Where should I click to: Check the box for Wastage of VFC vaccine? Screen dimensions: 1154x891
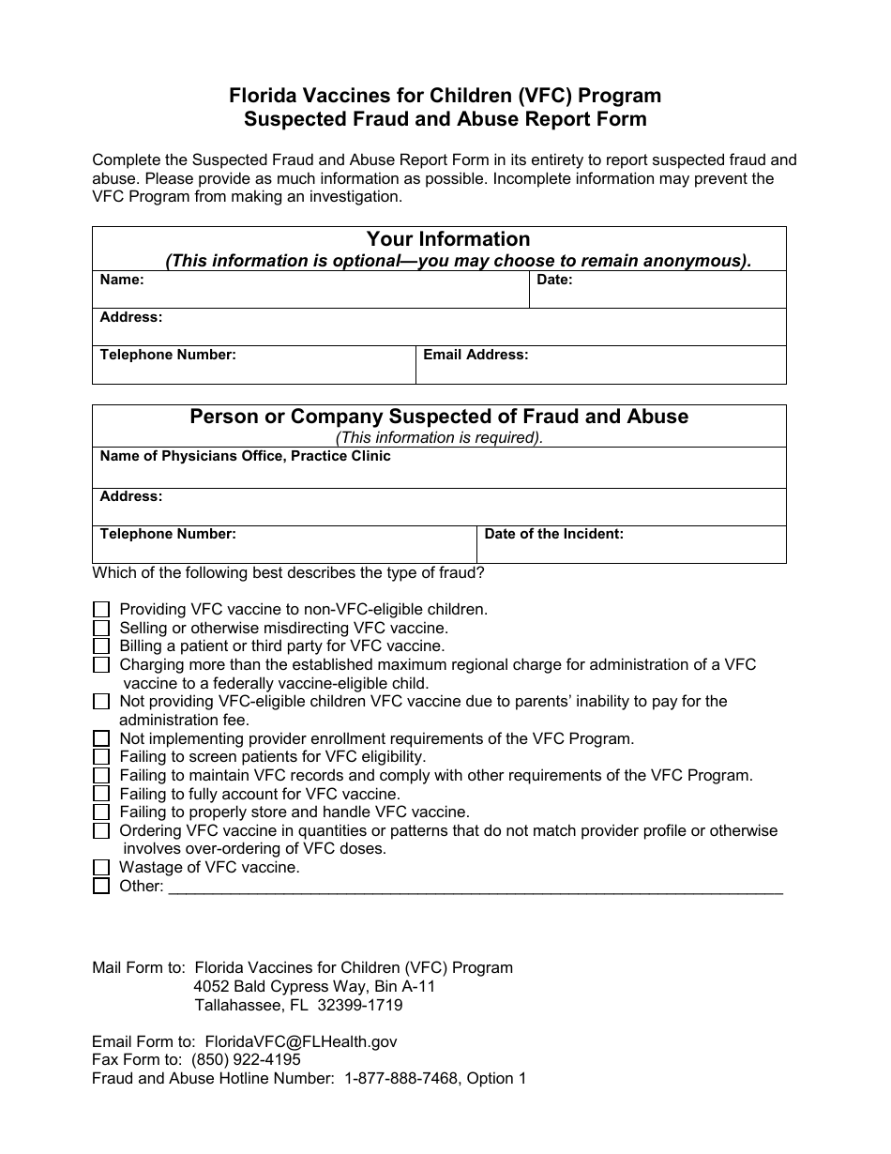coord(101,868)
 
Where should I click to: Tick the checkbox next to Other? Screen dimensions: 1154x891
coord(101,887)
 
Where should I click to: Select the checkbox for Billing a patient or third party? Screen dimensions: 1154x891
coord(101,646)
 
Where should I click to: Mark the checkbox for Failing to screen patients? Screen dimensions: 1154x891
coord(101,757)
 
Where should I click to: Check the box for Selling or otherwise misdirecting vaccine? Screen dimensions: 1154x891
coord(101,628)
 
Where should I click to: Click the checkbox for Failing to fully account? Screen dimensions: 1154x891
coord(101,794)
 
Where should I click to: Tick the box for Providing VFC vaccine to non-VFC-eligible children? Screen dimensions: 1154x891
coord(101,610)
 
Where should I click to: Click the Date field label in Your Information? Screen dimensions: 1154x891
coord(554,280)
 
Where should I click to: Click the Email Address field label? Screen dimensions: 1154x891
coord(476,355)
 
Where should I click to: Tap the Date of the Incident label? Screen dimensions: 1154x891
coord(553,534)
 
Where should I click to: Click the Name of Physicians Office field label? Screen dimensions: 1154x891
coord(245,456)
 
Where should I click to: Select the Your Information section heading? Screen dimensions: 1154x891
coord(447,239)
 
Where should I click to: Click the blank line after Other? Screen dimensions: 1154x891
coord(475,888)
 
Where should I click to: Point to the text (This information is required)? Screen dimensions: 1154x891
coord(439,437)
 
